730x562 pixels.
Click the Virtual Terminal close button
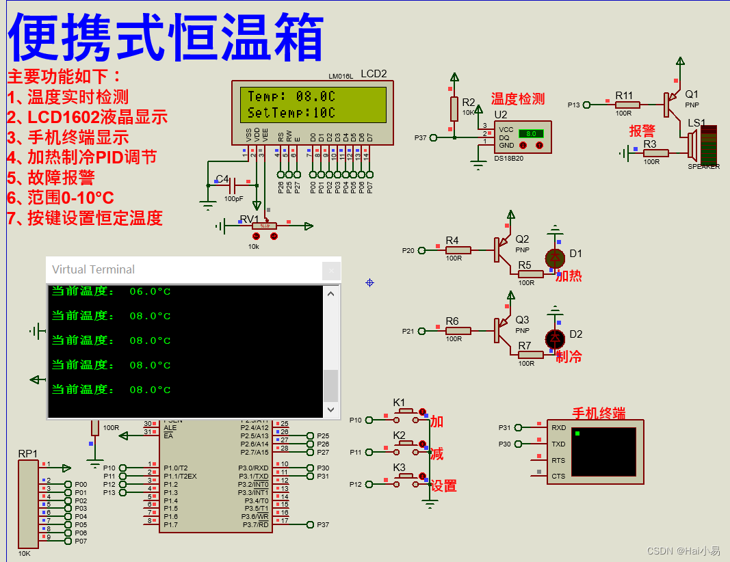click(x=331, y=270)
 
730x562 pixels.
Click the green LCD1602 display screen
click(x=312, y=104)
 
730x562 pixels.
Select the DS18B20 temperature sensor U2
click(x=523, y=137)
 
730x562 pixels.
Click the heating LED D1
click(x=556, y=258)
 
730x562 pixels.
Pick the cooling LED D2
click(x=556, y=338)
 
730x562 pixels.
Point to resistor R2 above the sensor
click(x=453, y=108)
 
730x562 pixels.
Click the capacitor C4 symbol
click(x=233, y=185)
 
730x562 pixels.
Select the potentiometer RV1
click(x=263, y=226)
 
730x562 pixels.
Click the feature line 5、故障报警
click(x=51, y=178)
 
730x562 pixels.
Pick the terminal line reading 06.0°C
click(x=112, y=292)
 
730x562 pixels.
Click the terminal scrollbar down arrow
click(x=330, y=409)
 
